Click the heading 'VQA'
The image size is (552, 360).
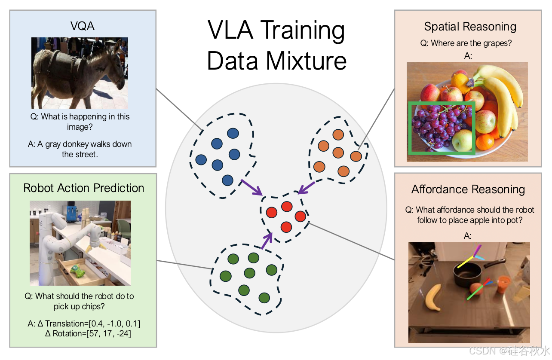click(83, 27)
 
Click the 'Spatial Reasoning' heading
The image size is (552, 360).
click(470, 27)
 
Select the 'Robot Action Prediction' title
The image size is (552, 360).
click(83, 188)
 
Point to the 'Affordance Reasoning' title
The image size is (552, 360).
click(468, 189)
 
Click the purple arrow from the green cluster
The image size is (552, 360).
click(267, 241)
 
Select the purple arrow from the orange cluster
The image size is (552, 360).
click(307, 187)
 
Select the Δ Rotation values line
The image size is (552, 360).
click(88, 333)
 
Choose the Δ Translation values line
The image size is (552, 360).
click(84, 323)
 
